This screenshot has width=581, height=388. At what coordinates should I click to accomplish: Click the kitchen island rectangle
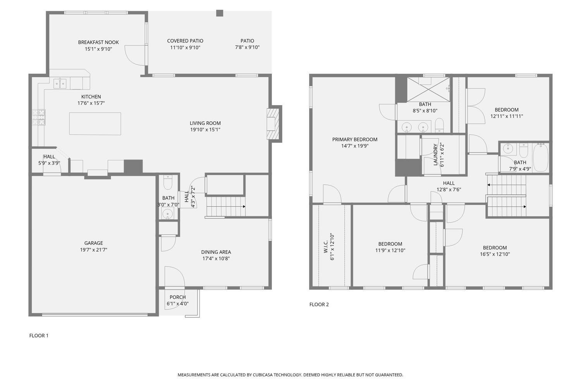tap(95, 124)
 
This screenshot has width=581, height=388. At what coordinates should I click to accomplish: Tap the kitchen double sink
tap(60, 84)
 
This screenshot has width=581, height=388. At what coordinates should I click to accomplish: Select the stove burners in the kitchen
tap(39, 117)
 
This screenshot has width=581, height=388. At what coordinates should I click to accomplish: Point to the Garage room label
tap(94, 243)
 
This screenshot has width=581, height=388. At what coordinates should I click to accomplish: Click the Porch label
tap(178, 297)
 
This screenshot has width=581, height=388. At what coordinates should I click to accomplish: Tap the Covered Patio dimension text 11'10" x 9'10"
tap(185, 47)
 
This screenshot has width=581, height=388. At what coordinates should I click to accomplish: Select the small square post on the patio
tap(220, 13)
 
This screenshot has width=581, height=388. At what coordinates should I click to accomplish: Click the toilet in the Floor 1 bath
tap(168, 182)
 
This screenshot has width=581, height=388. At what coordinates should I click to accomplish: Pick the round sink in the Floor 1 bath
tap(168, 214)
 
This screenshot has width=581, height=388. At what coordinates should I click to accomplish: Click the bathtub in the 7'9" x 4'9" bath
tap(540, 158)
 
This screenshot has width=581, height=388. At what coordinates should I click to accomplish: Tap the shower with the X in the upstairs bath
tap(428, 90)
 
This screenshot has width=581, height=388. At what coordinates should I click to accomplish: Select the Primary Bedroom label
tap(355, 140)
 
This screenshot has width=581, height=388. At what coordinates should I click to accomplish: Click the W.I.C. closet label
tap(326, 246)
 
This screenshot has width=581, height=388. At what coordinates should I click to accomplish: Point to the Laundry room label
tap(435, 155)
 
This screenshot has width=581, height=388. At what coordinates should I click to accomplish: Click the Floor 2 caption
tap(319, 304)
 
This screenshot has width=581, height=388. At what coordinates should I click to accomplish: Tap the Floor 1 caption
tap(39, 336)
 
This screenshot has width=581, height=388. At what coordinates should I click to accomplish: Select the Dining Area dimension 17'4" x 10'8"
tap(216, 258)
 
